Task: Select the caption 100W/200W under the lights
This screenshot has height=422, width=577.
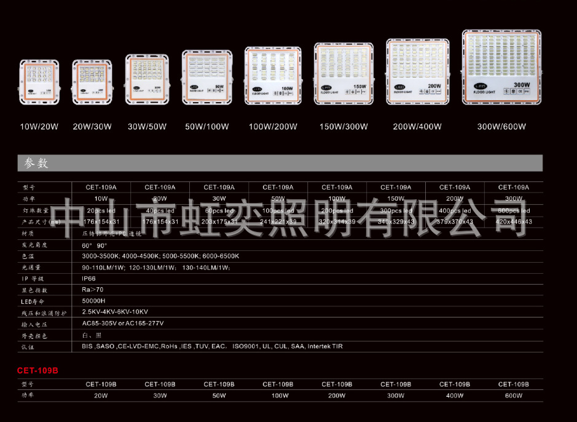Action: tap(273, 127)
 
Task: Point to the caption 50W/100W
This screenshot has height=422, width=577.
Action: tap(207, 127)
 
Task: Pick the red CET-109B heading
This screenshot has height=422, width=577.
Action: tap(37, 370)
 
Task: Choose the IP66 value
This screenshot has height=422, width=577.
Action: tap(89, 278)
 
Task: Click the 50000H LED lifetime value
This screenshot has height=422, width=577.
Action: tap(94, 301)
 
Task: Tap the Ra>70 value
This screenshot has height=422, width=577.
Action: tap(93, 289)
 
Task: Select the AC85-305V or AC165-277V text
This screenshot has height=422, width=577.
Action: tap(123, 323)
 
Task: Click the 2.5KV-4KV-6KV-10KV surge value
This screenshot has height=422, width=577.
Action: tap(115, 312)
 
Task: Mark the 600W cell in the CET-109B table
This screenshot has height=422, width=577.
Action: tap(513, 396)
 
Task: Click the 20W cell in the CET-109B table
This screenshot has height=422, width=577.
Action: tap(101, 396)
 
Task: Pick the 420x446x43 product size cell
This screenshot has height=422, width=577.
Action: tap(514, 221)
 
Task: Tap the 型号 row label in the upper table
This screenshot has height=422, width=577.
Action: tap(29, 188)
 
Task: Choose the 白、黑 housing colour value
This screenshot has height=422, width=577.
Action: tap(92, 335)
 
